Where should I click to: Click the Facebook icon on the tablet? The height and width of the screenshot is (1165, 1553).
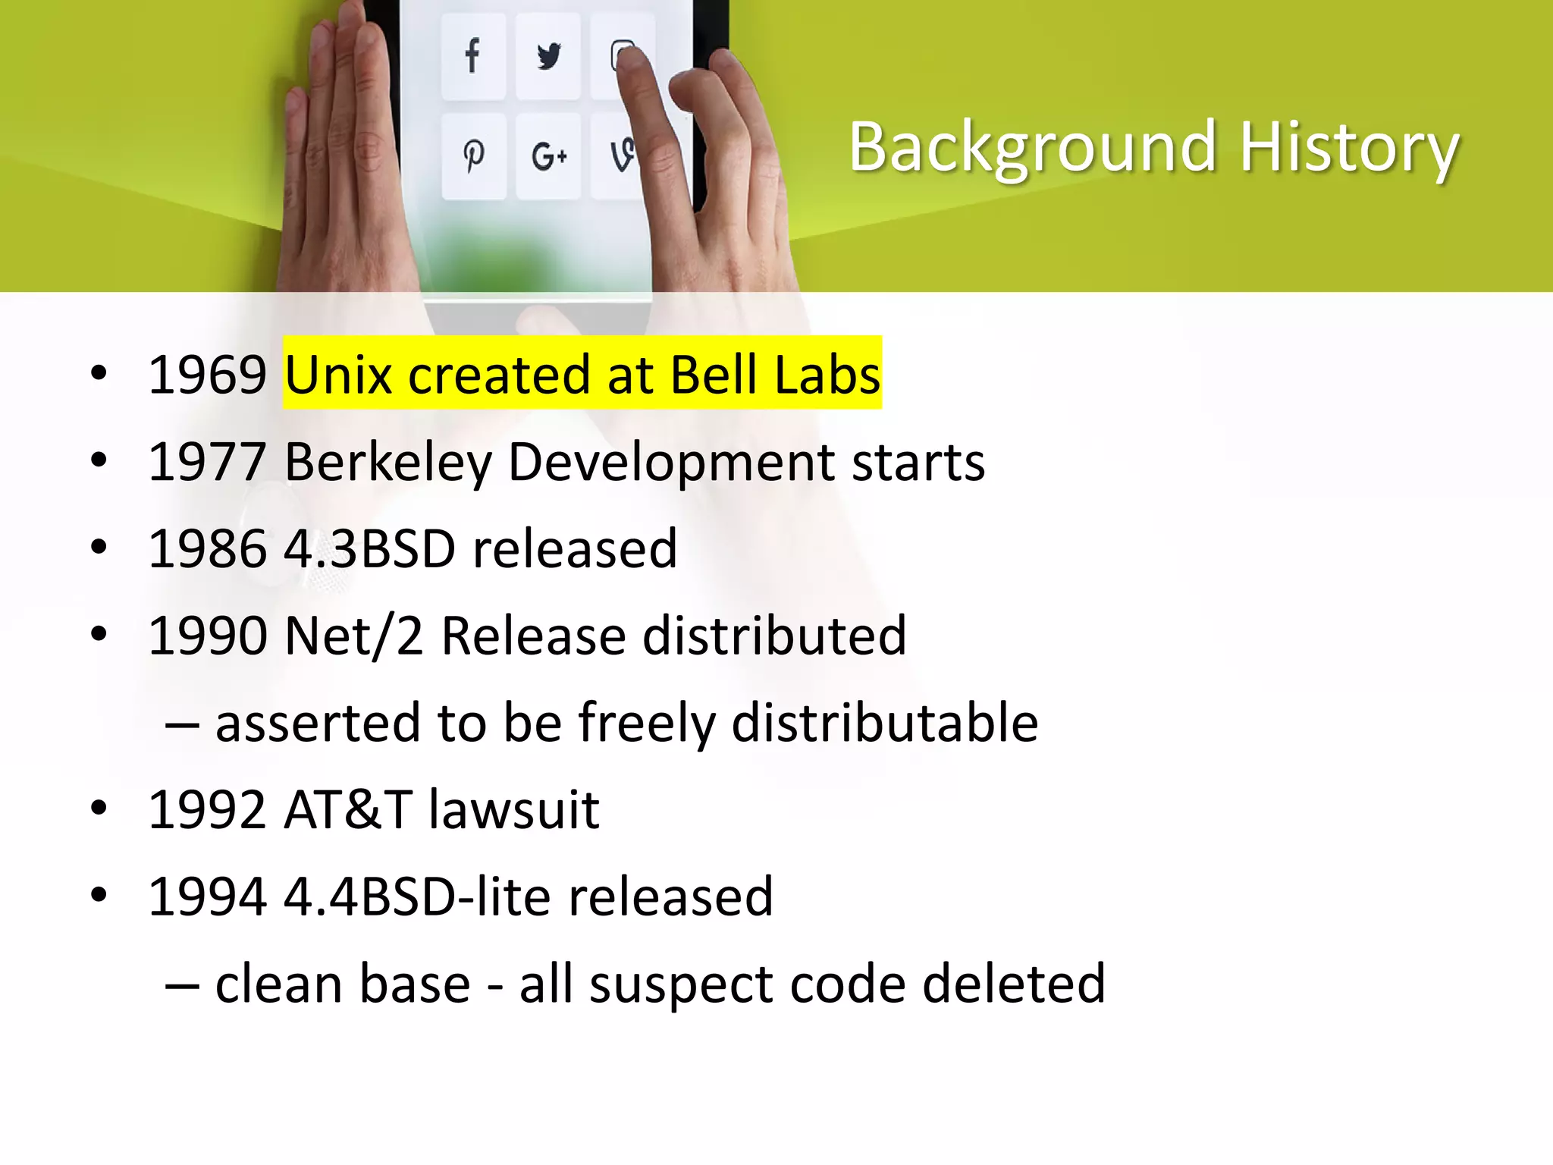[472, 55]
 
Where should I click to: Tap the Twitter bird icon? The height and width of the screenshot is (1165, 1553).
[548, 56]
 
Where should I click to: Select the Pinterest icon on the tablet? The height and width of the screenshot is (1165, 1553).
[474, 155]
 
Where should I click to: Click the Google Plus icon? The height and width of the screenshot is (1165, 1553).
[548, 156]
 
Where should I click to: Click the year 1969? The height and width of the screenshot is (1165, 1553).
[207, 375]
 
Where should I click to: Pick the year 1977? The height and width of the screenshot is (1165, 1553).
[207, 462]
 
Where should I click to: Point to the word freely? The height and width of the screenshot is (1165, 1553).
[647, 723]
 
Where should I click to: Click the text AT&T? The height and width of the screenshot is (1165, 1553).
[348, 809]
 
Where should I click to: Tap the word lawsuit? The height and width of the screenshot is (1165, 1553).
[514, 809]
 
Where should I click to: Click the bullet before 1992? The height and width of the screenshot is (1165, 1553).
[99, 809]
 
